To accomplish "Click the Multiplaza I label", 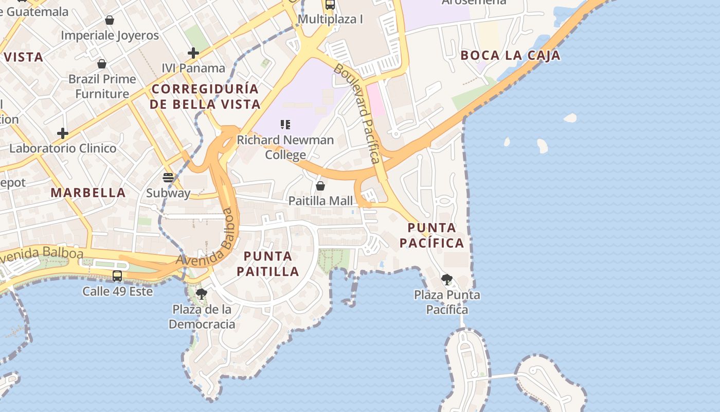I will click(330, 20).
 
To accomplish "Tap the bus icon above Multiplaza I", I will click(330, 5).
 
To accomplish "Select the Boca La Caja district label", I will click(510, 56).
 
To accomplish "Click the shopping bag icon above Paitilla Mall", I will click(320, 186).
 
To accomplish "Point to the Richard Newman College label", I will click(285, 147).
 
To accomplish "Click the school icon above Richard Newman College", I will click(285, 125).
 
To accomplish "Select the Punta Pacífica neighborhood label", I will click(432, 235).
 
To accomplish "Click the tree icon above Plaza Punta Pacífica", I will click(447, 280).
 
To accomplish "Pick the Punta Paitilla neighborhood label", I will click(268, 264).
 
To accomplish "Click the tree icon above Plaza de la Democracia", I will click(202, 294).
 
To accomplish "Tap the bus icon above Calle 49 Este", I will click(117, 276).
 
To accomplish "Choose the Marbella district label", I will click(88, 193).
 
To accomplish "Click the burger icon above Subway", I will click(168, 178).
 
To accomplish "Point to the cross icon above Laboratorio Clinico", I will click(63, 133).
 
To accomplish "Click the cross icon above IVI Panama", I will click(193, 53).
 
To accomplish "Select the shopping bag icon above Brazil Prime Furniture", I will click(102, 64).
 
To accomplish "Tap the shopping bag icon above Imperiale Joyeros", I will click(110, 21).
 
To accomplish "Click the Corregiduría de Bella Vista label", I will click(206, 96).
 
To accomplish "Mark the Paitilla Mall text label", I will click(320, 201).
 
